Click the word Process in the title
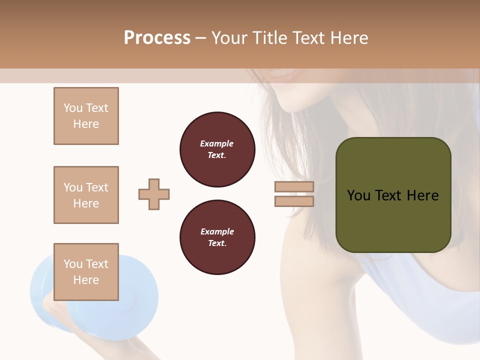tap(157, 38)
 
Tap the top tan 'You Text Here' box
tap(86, 116)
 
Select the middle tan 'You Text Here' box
tap(86, 195)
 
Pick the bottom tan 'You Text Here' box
tap(86, 272)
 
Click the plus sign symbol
tap(154, 194)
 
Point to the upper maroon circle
tap(217, 149)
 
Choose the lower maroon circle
tap(217, 237)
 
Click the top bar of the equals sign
tap(294, 186)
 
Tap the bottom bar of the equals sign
tap(294, 201)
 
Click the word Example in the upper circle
tap(217, 143)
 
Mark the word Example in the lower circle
tap(217, 231)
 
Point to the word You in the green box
tap(358, 195)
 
